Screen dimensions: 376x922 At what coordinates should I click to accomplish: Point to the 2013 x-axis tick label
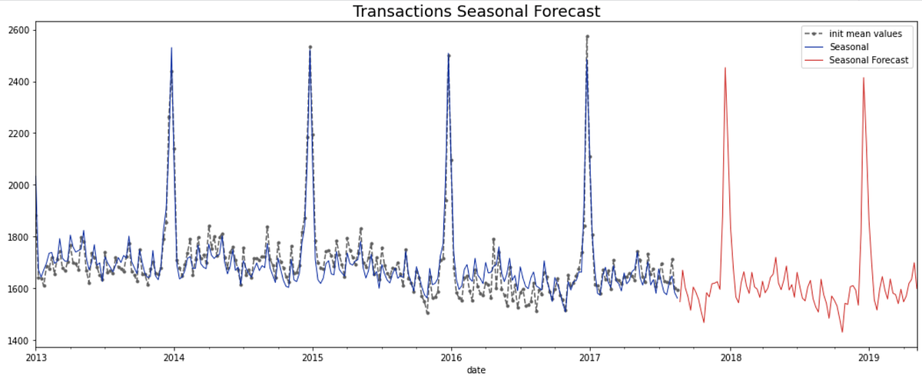click(36, 358)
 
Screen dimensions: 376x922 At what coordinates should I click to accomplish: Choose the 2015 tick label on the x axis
click(313, 358)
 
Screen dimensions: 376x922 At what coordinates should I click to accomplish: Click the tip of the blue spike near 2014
click(171, 48)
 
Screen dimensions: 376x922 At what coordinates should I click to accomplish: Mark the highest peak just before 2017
click(587, 35)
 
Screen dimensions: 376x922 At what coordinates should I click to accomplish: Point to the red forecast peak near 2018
click(725, 68)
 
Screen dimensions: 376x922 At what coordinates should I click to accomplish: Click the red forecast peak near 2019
click(864, 78)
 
